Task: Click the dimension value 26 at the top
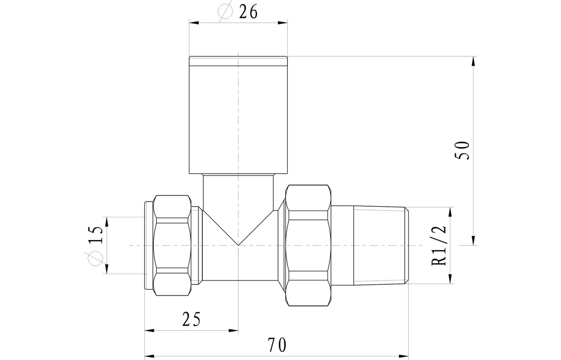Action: click(248, 12)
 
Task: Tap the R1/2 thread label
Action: click(440, 245)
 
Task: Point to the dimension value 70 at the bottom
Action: click(277, 345)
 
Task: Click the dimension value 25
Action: click(191, 319)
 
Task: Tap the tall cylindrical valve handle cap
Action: click(238, 115)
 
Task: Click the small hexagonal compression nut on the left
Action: click(172, 245)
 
